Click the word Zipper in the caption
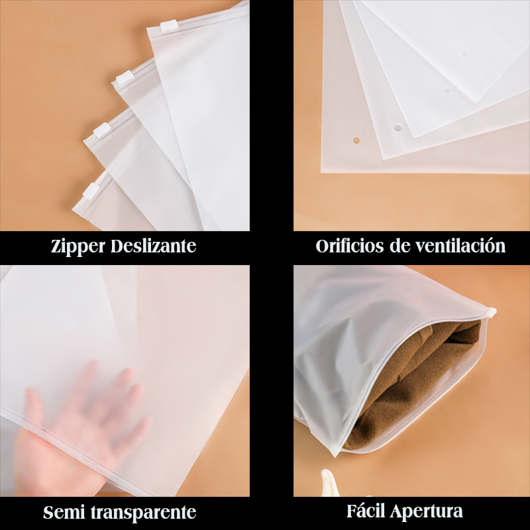[x=78, y=246]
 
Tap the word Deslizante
[x=154, y=246]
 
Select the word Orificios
[x=350, y=246]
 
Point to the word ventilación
[x=460, y=246]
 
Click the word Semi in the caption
[x=64, y=512]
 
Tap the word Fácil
[x=366, y=511]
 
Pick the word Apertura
[x=427, y=511]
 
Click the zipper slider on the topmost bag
[x=169, y=26]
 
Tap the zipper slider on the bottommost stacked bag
[x=91, y=191]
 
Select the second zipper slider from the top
[x=124, y=78]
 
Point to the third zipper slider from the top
[x=102, y=130]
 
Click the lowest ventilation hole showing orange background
[x=356, y=140]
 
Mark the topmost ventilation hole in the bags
[x=464, y=54]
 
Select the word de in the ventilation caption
[x=399, y=246]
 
